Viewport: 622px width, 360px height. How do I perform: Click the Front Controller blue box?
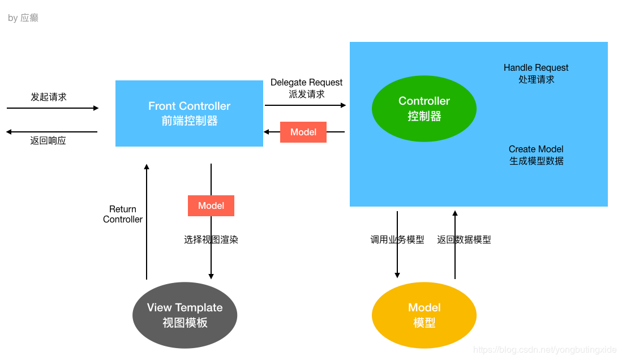pyautogui.click(x=189, y=113)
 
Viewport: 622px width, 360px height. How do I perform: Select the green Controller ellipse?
pyautogui.click(x=424, y=108)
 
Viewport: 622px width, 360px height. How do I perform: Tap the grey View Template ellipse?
pyautogui.click(x=185, y=315)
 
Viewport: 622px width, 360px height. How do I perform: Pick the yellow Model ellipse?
pyautogui.click(x=424, y=315)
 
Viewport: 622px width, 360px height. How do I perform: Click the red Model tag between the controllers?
pyautogui.click(x=303, y=132)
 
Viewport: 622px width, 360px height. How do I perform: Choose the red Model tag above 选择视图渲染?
pyautogui.click(x=211, y=205)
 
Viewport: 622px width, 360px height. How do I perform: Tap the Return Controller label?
pyautogui.click(x=123, y=215)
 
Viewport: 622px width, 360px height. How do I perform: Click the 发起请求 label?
pyautogui.click(x=49, y=97)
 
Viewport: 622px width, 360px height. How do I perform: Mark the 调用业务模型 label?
pyautogui.click(x=397, y=239)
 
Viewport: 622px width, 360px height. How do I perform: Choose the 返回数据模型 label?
pyautogui.click(x=464, y=239)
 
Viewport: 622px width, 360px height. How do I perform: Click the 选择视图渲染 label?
pyautogui.click(x=211, y=239)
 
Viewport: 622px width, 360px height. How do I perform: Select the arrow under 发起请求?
pyautogui.click(x=53, y=108)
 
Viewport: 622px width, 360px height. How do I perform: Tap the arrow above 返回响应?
pyautogui.click(x=52, y=132)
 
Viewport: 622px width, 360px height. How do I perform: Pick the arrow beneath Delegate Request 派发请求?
pyautogui.click(x=306, y=105)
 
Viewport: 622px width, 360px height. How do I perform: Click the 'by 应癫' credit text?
pyautogui.click(x=23, y=18)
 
